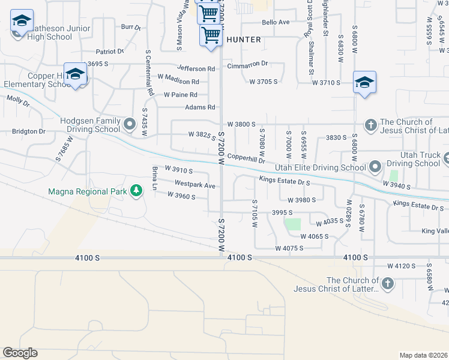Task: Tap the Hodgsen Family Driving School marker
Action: [x=130, y=124]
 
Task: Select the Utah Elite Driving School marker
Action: [x=375, y=166]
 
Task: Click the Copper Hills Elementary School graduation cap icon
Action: [x=75, y=75]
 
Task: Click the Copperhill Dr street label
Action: [x=246, y=160]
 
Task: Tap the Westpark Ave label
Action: [x=194, y=185]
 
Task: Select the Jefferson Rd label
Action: [x=196, y=69]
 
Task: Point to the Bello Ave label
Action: [x=276, y=22]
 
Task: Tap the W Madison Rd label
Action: [x=178, y=81]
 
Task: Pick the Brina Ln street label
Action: [x=154, y=178]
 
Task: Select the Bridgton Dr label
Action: [x=29, y=131]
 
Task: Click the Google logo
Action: [x=20, y=353]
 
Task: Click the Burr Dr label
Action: [x=130, y=27]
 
